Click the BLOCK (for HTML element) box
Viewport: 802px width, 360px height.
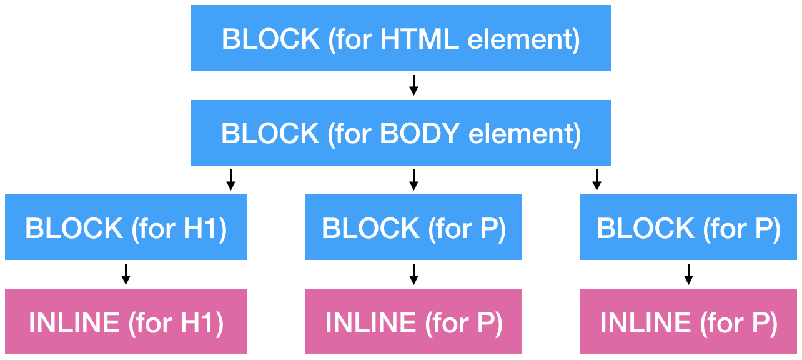[401, 38]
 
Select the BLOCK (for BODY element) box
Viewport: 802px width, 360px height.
[401, 133]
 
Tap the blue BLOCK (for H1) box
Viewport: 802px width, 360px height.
[126, 227]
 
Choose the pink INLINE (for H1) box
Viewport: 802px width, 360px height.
[126, 322]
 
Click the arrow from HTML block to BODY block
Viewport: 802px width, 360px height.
[413, 86]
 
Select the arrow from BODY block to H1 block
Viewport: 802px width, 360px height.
[230, 180]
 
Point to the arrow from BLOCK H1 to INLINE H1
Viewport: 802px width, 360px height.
[126, 274]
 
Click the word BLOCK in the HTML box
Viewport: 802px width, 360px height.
[270, 39]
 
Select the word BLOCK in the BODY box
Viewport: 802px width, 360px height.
[270, 134]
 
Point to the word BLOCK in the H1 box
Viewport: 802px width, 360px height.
[74, 229]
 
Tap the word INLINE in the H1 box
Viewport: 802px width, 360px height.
[74, 323]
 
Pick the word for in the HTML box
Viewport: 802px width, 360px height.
[354, 39]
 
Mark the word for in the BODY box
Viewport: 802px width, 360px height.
[353, 134]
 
